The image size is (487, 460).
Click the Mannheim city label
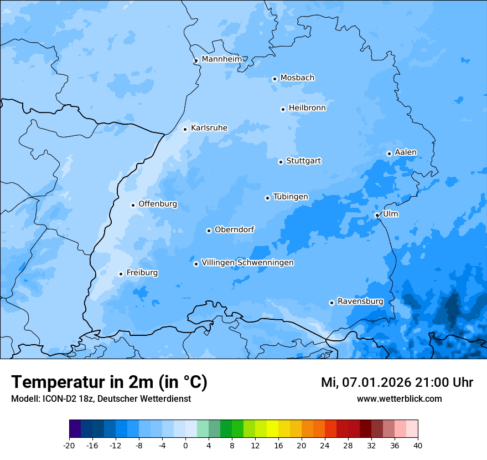pos(221,59)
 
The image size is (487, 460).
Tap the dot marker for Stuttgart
pos(281,162)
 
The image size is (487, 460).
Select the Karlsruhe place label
pos(209,128)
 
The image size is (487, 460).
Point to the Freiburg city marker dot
pos(121,274)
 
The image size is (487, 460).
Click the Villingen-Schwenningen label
pos(247,263)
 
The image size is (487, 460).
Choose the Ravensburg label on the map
pos(360,301)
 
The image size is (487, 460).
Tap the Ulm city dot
pos(377,215)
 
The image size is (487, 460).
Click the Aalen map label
pos(406,152)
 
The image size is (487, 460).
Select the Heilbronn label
pos(307,108)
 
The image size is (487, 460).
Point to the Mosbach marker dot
pos(274,79)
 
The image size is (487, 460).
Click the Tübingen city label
pos(291,197)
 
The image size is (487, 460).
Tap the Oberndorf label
pos(234,229)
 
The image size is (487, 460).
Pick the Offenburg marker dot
pos(133,205)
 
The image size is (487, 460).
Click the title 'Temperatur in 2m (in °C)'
pos(109,382)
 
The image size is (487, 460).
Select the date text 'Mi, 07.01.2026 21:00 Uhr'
pos(397,382)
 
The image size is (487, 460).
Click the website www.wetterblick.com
pos(399,398)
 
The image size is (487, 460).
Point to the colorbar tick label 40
pos(417,446)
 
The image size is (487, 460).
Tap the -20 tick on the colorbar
pos(69,446)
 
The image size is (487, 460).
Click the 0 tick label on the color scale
pos(185,446)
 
